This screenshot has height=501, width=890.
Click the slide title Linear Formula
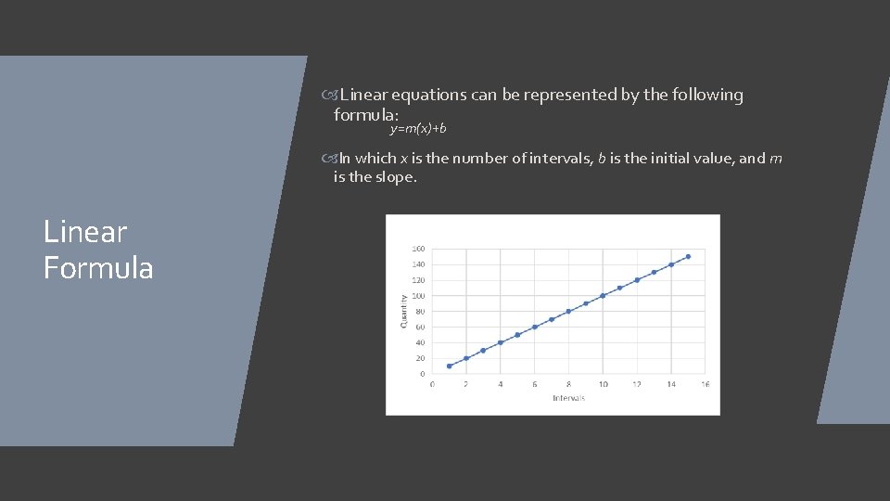98,250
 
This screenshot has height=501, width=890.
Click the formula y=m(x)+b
417,127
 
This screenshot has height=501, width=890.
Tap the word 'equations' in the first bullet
431,95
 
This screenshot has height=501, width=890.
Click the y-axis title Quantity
403,310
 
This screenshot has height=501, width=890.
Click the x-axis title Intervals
568,398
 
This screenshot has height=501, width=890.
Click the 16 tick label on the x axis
705,384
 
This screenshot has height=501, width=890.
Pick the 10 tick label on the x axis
603,384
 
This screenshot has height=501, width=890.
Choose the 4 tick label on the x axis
501,384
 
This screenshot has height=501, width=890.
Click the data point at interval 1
449,366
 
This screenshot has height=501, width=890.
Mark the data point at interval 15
688,256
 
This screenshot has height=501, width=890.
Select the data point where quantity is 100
603,296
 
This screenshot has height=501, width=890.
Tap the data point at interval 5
517,335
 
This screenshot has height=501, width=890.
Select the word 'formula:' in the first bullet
366,115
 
